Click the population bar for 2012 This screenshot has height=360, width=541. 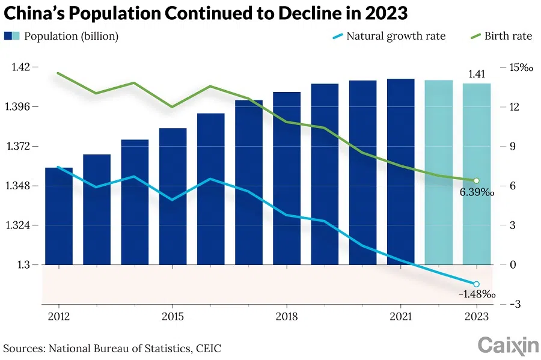point(59,216)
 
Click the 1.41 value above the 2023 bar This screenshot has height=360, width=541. point(476,75)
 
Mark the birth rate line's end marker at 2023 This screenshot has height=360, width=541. point(476,181)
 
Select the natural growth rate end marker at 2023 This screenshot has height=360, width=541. point(476,284)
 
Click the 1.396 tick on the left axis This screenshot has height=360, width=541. point(24,107)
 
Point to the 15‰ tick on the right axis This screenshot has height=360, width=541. point(521,67)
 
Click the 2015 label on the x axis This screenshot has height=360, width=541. point(173,317)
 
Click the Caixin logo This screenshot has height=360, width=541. point(508,345)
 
